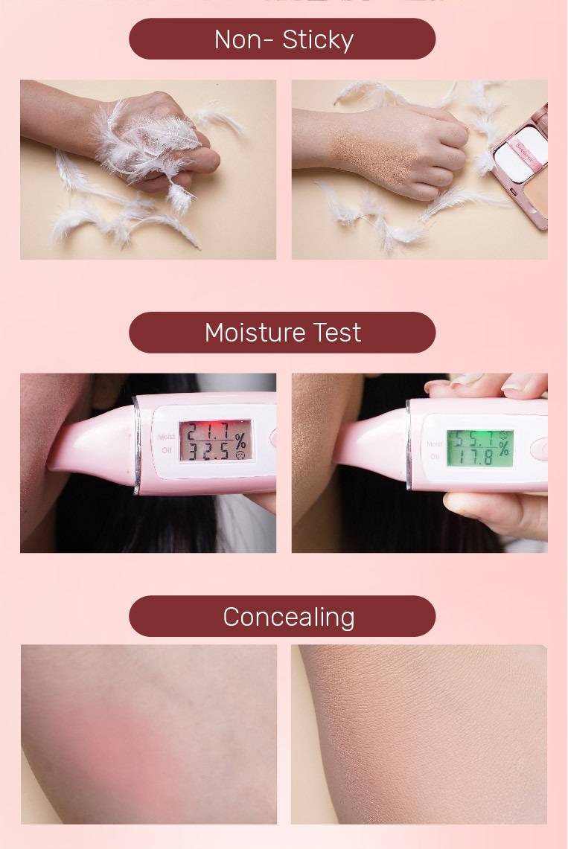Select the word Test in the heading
pos(338,333)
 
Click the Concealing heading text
pos(288,617)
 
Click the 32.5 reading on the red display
pos(207,450)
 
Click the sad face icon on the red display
pos(240,454)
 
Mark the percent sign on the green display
pos(504,448)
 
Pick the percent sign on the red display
pos(240,440)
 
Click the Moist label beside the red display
pos(167,437)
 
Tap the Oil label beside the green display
pos(434,455)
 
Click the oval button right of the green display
pos(540,448)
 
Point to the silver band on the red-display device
pos(137,445)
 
